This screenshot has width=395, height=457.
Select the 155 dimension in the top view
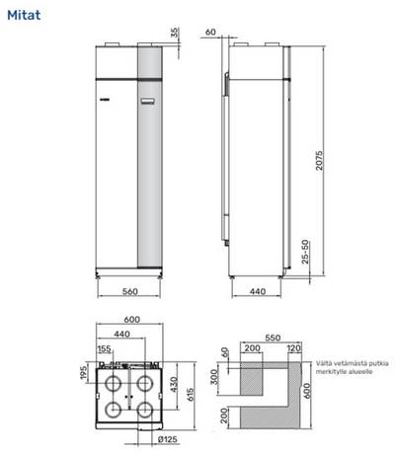[x=104, y=348]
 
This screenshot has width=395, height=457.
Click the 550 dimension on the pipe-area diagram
[x=262, y=335]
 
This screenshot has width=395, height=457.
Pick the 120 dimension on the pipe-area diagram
[x=292, y=348]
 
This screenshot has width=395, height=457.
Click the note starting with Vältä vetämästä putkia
[x=351, y=366]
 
